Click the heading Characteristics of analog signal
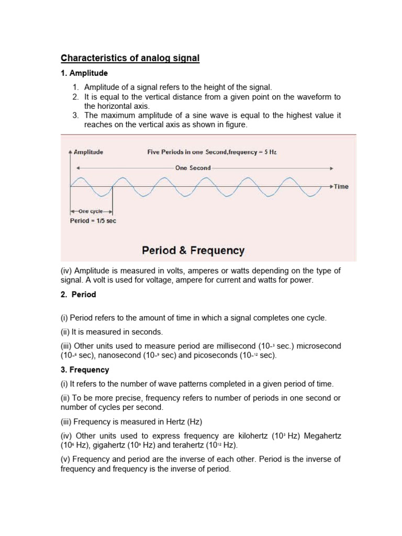click(x=130, y=58)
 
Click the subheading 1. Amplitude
click(x=85, y=73)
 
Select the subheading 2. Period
click(x=79, y=295)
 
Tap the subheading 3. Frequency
click(x=85, y=370)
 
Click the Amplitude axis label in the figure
click(x=88, y=152)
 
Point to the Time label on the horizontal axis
click(x=341, y=186)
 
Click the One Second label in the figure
click(x=193, y=168)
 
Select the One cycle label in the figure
click(x=91, y=211)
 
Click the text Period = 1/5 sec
click(x=93, y=221)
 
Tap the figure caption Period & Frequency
click(x=193, y=251)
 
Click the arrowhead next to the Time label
click(x=331, y=186)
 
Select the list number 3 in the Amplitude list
click(x=75, y=116)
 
